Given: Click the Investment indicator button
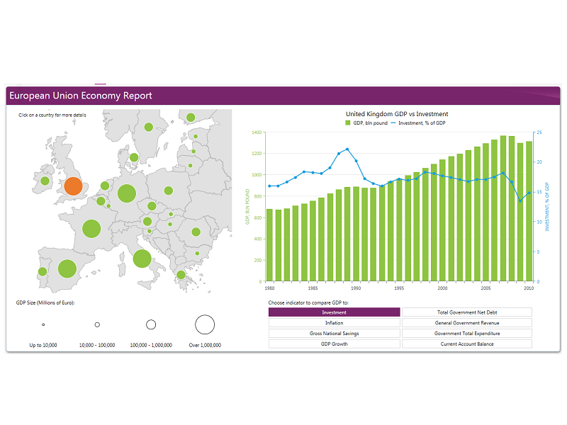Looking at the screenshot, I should coord(335,312).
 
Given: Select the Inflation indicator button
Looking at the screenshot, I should coord(335,323).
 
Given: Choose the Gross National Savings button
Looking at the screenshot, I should coord(335,334).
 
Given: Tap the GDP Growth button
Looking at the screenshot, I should coord(335,344).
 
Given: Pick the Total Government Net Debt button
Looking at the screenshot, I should coord(467,312).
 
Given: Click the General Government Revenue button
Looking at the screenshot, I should coord(467,323).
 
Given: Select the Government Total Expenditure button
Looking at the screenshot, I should coord(467,334).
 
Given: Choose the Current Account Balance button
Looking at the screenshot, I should coord(467,344).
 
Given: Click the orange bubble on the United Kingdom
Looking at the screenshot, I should coord(73,186).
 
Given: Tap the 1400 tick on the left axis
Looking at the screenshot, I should coord(256,132).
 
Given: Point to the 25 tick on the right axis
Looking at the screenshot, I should coord(540,132).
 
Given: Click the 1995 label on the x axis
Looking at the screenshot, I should coord(400,288).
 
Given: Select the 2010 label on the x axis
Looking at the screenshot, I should coord(529,288).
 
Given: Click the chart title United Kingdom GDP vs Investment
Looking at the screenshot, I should coord(397,114).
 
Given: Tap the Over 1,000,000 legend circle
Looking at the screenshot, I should coord(205,325).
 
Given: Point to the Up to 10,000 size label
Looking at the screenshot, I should coord(43,346).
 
